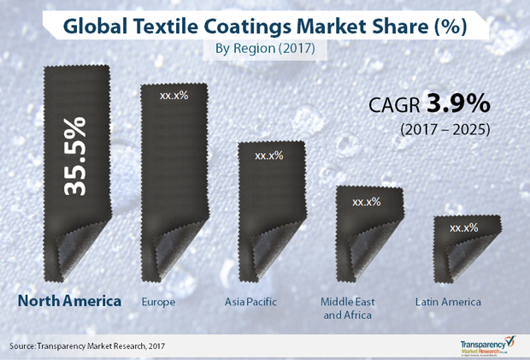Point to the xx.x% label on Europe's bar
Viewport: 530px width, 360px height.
(174, 95)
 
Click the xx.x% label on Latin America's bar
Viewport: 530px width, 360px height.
(463, 227)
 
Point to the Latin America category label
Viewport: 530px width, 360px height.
(449, 302)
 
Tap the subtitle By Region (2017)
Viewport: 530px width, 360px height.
(265, 49)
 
